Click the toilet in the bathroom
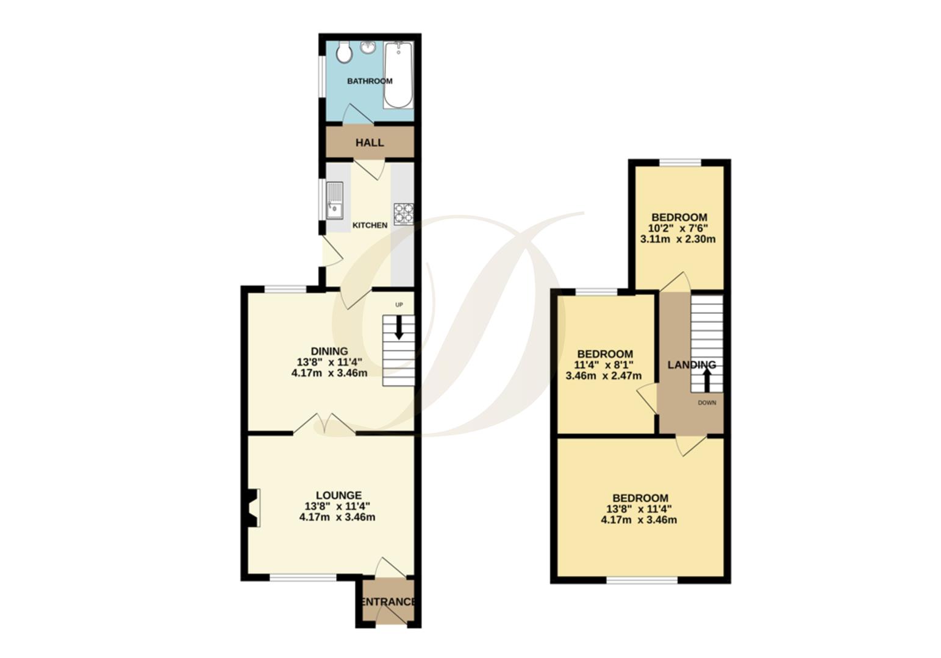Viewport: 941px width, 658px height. point(344,53)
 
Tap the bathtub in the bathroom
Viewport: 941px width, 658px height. point(398,74)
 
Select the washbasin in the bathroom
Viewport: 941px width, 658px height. point(368,47)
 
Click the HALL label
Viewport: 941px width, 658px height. point(370,143)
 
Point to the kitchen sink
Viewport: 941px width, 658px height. point(335,200)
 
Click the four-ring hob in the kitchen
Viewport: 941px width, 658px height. point(403,214)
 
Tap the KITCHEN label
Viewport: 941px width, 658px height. point(370,225)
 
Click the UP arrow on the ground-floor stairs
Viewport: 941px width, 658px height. point(399,327)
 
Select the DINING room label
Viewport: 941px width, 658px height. point(329,352)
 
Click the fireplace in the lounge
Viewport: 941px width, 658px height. point(253,507)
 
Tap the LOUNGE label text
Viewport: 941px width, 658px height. point(338,496)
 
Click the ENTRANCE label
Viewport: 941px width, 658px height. point(388,602)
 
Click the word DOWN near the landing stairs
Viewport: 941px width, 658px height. point(707,403)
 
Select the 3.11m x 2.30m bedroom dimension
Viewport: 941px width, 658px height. point(678,239)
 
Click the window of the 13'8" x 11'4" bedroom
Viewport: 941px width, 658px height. point(642,580)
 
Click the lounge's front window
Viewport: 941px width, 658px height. point(302,577)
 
